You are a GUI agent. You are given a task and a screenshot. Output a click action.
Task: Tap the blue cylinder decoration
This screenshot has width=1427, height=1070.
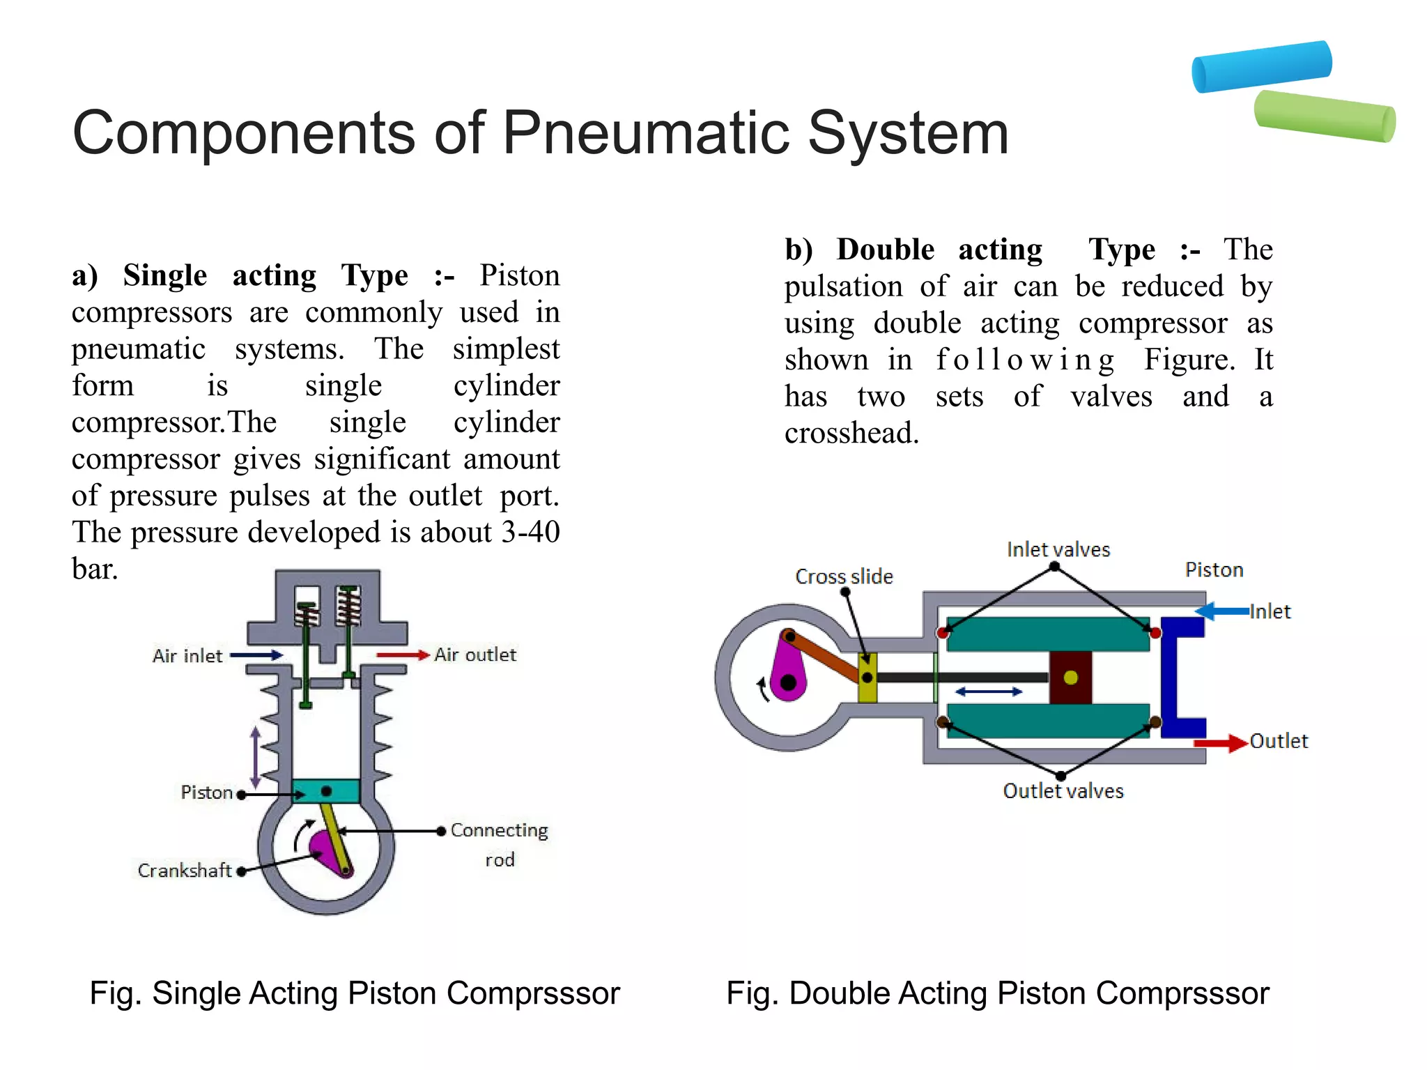[1261, 66]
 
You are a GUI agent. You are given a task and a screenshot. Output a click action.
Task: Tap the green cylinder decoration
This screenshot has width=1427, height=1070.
[1324, 116]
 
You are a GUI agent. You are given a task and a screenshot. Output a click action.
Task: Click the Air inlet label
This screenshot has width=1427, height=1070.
[187, 656]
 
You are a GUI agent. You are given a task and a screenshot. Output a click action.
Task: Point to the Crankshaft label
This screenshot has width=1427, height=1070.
[184, 871]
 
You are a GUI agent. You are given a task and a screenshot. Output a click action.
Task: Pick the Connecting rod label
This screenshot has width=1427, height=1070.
[499, 843]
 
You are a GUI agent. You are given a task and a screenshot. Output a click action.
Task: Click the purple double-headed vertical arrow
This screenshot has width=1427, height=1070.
[255, 757]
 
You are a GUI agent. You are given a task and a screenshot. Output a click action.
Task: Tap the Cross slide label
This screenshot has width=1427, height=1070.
[844, 576]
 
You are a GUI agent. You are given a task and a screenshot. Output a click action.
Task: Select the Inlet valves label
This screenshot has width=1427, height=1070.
[1058, 550]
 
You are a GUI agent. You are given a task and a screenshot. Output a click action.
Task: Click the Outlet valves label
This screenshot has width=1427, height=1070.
[1063, 791]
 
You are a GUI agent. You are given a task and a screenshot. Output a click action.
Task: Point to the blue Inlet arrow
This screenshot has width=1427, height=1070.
[1221, 611]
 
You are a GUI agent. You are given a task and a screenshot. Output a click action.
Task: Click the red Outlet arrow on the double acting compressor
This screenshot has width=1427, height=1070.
[1219, 743]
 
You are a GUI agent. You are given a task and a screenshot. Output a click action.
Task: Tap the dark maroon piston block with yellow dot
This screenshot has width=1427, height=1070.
[1070, 678]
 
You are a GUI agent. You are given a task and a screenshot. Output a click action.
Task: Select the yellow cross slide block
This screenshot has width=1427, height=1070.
[867, 678]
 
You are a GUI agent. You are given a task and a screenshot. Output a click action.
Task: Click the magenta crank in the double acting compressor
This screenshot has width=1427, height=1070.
[789, 673]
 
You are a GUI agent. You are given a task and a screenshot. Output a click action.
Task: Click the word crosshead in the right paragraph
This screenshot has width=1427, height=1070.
[851, 434]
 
